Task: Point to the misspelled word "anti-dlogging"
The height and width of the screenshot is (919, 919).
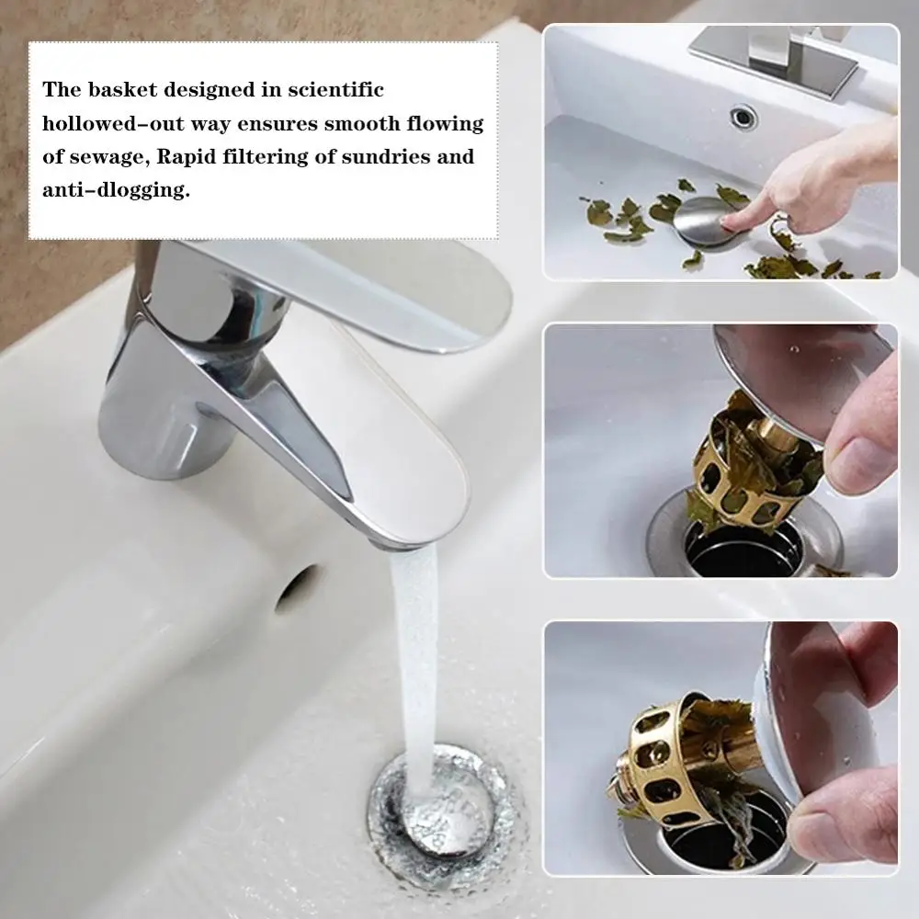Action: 116,191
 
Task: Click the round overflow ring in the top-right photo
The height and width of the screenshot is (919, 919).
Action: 743,117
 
